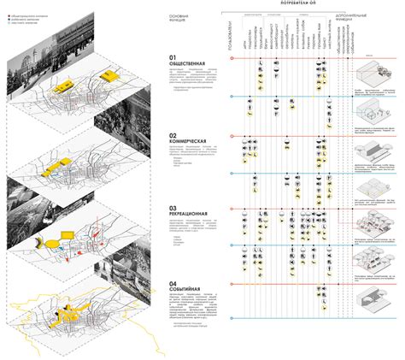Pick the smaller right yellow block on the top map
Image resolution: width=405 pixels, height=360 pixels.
click(109, 78)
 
